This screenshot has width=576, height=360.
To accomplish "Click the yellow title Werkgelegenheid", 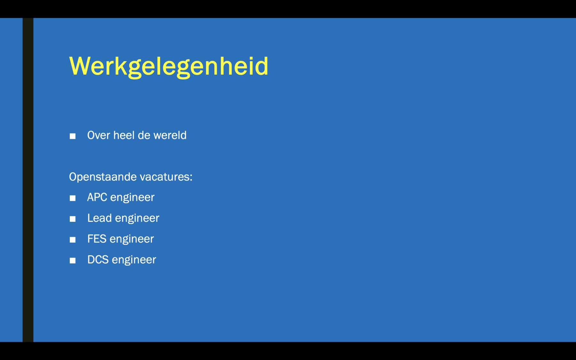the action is pos(169,66).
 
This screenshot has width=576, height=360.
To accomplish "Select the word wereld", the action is pos(170,135).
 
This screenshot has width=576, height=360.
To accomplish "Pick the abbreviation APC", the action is pos(97,197).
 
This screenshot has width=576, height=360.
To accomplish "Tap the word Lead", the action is pos(100,218).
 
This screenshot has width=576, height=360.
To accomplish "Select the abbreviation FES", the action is pos(97,239).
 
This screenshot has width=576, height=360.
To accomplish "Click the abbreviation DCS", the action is pos(98,260).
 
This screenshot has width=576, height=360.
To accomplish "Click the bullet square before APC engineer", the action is pos(73,198).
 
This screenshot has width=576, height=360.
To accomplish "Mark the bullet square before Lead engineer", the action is pos(73,219).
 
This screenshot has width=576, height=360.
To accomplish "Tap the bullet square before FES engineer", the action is pos(73,240).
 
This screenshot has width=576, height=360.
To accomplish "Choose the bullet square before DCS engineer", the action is pos(73,261).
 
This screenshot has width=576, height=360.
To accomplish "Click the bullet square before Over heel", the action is pos(73,136).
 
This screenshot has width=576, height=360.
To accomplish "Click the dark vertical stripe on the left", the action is pos(28,180).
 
